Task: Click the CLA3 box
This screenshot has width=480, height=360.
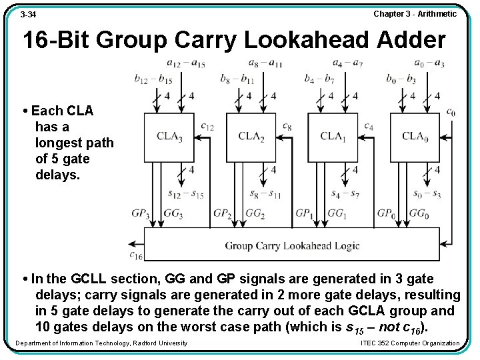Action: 169,137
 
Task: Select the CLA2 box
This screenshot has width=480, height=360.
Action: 251,137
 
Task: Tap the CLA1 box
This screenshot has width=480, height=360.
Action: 333,137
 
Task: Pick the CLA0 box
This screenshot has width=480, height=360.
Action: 415,137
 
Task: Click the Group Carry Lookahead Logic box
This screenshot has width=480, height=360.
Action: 292,245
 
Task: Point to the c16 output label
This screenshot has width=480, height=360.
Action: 136,255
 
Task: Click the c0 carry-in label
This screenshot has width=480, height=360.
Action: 451,112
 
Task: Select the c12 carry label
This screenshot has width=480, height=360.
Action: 207,125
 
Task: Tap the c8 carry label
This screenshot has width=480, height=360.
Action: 287,125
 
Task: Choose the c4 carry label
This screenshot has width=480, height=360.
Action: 369,125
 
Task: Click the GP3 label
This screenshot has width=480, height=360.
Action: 140,214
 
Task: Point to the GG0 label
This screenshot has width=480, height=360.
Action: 419,214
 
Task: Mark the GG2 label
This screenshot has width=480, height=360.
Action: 255,214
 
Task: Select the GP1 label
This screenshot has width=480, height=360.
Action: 304,214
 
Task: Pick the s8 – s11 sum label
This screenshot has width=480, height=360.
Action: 265,194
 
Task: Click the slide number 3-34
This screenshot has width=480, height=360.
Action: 28,14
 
